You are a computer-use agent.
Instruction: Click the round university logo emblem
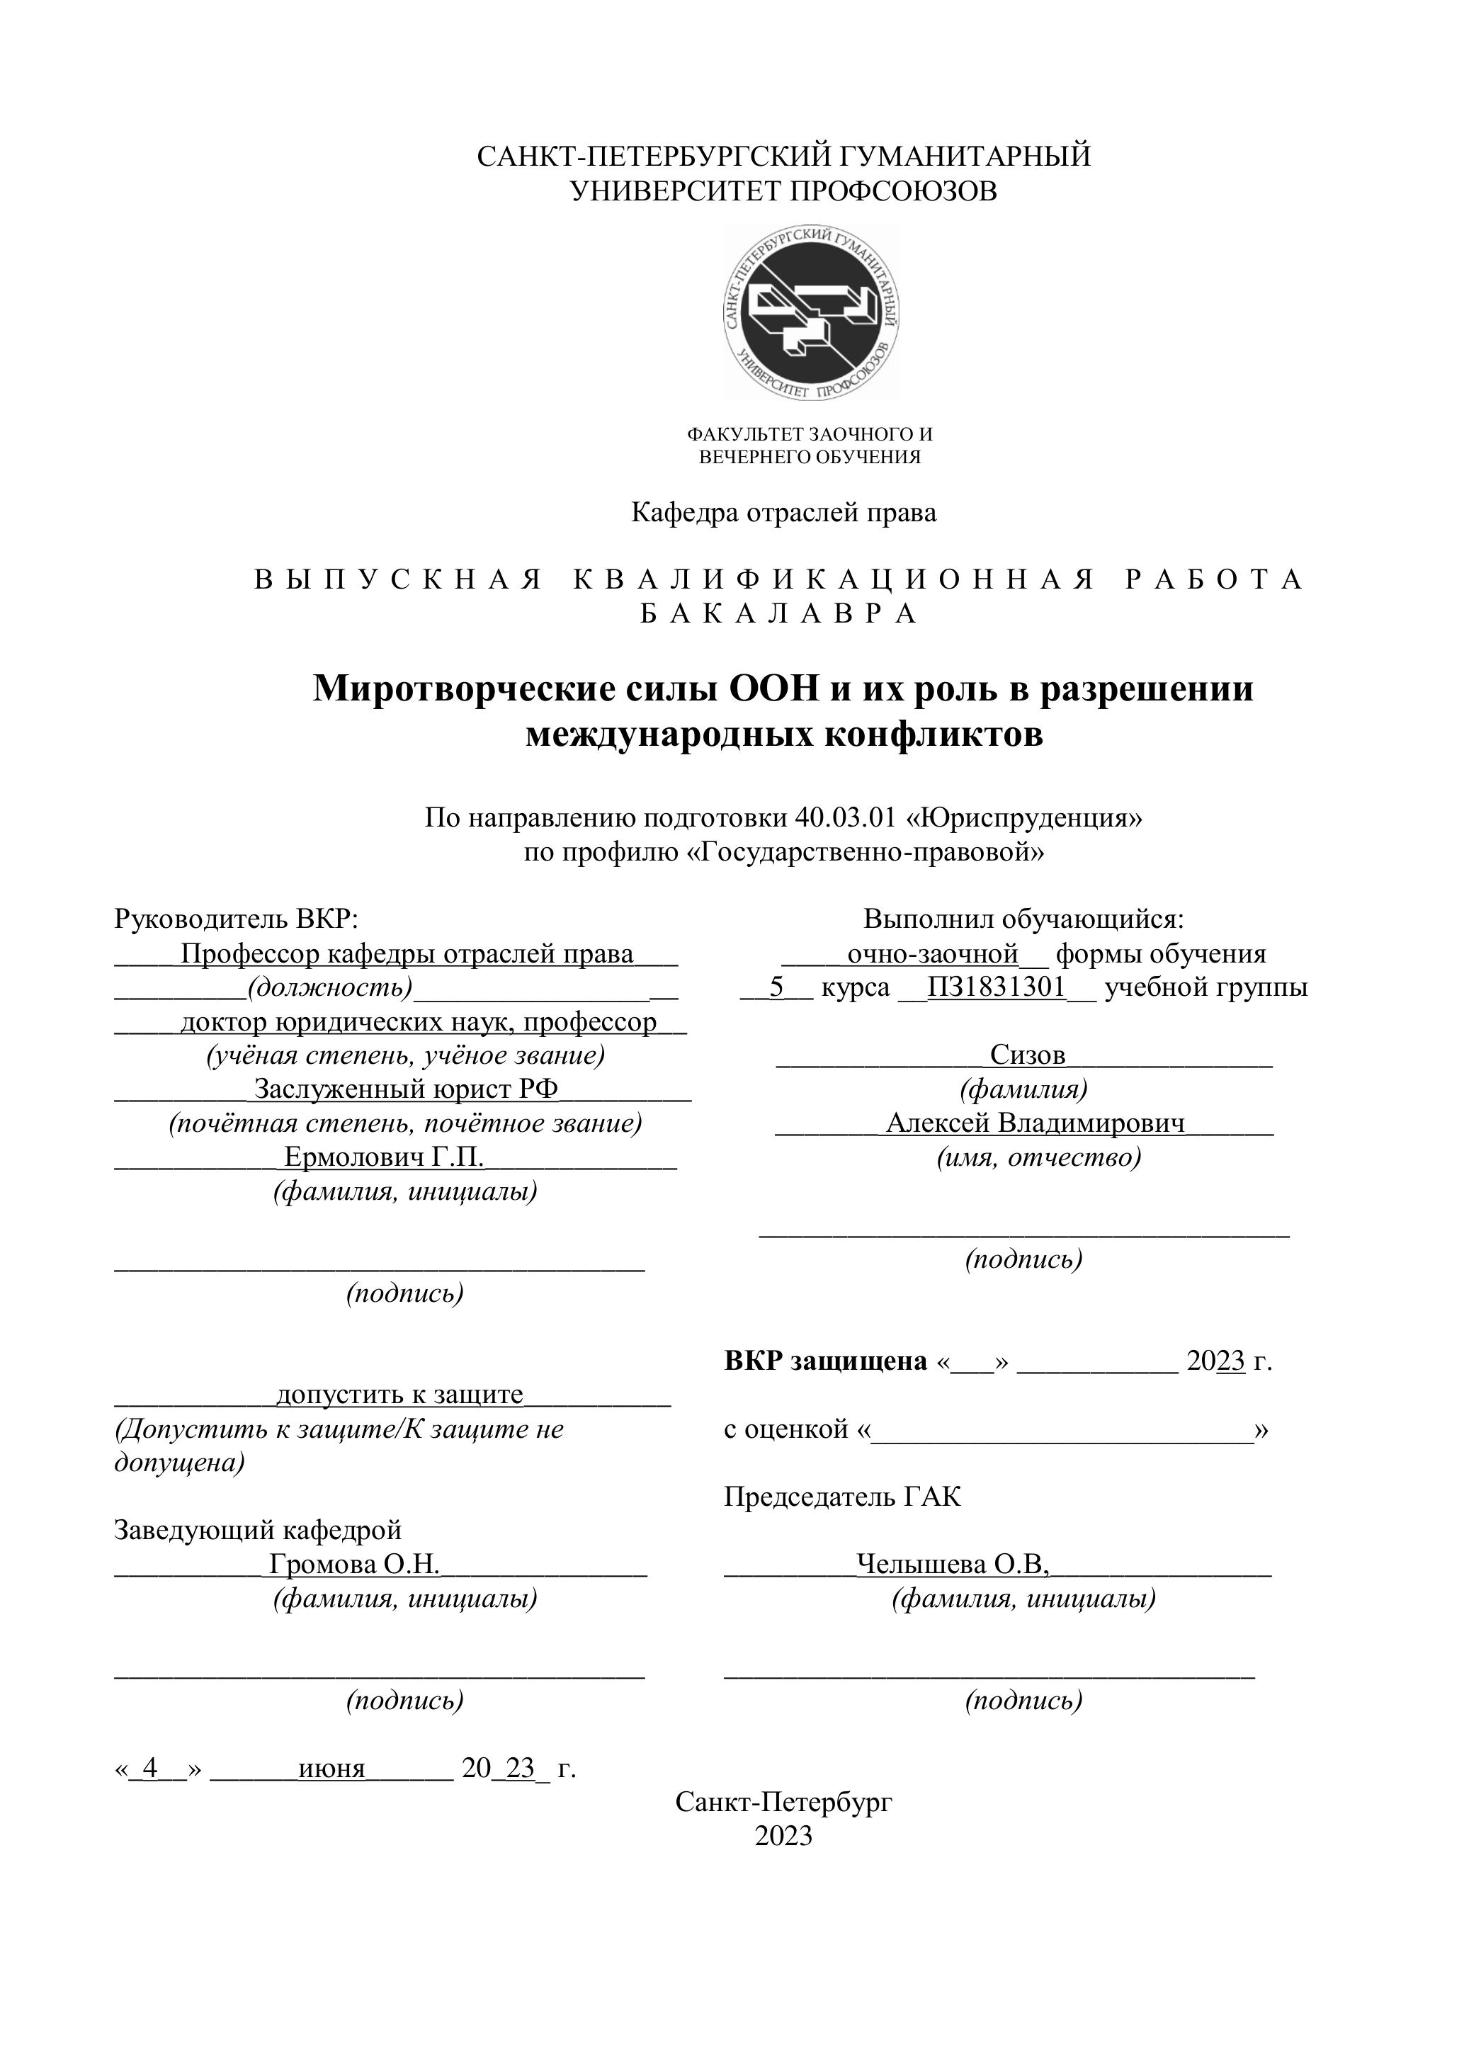coord(811,312)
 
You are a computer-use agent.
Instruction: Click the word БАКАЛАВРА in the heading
coord(779,614)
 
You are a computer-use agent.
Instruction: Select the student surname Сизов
coord(1028,1055)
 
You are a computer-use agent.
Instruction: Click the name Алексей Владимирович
coord(1035,1123)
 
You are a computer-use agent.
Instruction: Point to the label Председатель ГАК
coord(843,1497)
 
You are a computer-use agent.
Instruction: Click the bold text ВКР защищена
coord(825,1361)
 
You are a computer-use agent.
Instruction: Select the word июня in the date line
coord(332,1768)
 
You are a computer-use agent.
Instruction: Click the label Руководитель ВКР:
coord(237,919)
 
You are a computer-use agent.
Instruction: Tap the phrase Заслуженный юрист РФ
coord(406,1089)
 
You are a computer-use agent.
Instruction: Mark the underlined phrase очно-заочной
coord(933,953)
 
